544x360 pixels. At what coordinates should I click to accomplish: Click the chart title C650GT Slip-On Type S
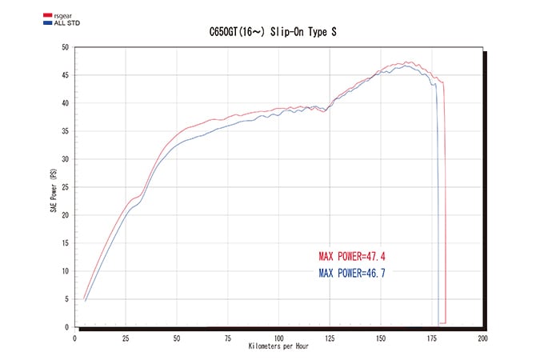(272, 33)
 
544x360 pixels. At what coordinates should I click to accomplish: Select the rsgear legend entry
(55, 15)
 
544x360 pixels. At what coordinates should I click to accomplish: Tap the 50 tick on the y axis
(66, 47)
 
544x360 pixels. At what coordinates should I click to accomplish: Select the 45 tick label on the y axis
(66, 75)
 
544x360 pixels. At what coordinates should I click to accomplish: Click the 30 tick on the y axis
(66, 159)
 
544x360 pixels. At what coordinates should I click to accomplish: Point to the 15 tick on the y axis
(66, 243)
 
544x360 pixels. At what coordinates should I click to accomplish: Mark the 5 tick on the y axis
(67, 299)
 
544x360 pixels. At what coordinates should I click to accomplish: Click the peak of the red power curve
(408, 62)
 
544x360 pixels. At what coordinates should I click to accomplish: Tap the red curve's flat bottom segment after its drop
(442, 322)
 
